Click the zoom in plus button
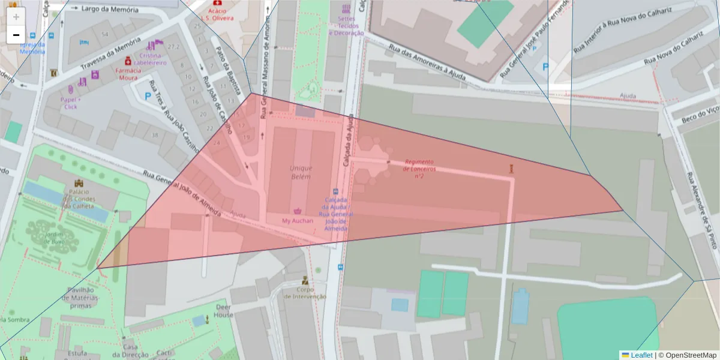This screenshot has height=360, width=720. click(16, 17)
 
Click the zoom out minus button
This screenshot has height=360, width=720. click(16, 35)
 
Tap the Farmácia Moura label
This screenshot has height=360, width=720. click(128, 74)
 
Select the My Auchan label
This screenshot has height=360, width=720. click(298, 221)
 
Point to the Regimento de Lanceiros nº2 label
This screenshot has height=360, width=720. click(419, 169)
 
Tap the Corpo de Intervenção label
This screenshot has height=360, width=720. click(305, 292)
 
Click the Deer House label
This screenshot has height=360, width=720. click(224, 310)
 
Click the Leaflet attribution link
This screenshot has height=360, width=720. click(641, 355)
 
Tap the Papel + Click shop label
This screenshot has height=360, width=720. click(71, 103)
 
